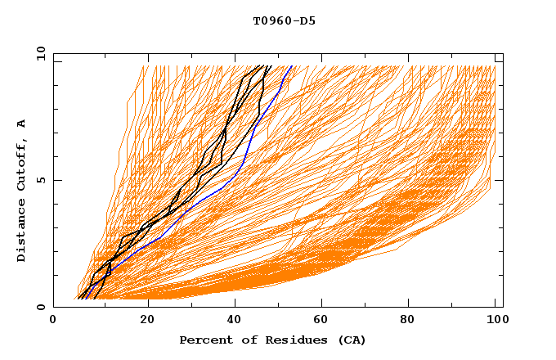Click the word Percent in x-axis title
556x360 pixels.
(203, 340)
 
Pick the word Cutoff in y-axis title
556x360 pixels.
(22, 164)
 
